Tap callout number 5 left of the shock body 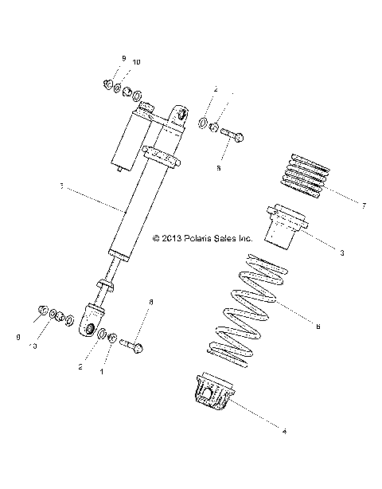(x=60, y=189)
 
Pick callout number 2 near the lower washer (x=80, y=367)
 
